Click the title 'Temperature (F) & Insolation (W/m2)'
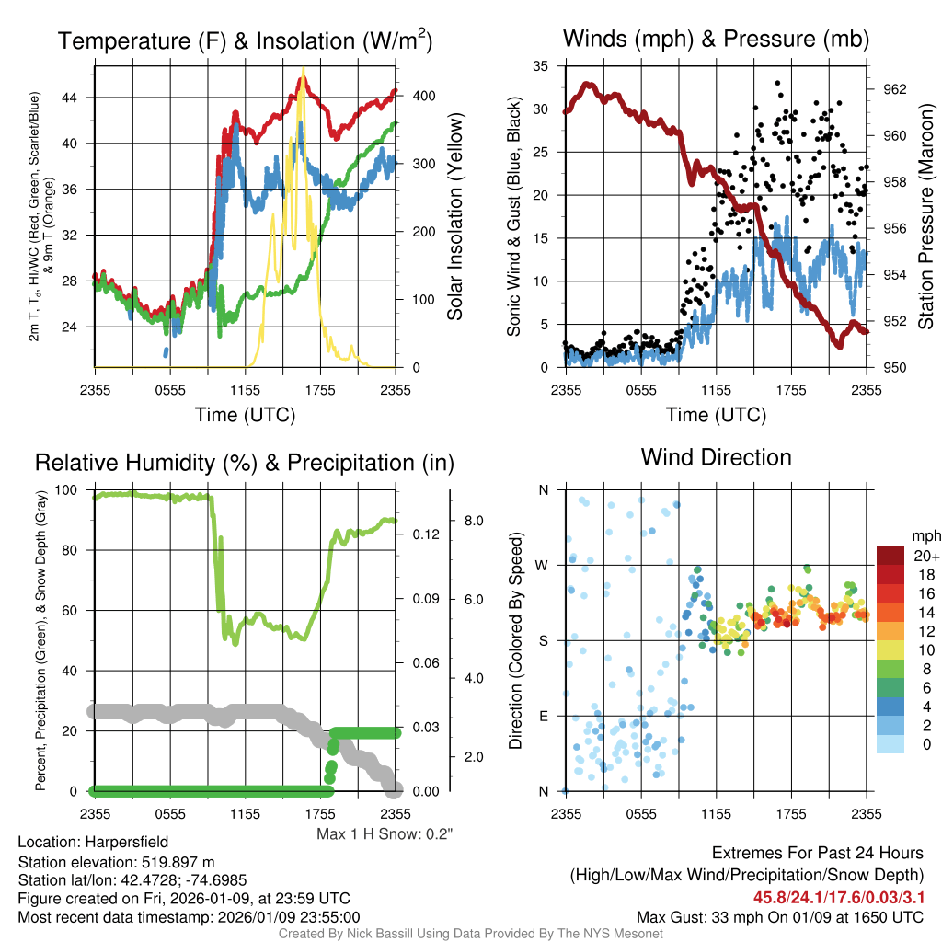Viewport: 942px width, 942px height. pos(245,40)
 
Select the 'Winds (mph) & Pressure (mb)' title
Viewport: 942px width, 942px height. pos(716,39)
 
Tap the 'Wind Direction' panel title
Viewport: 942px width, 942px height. pos(716,457)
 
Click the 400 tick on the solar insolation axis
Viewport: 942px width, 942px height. pos(415,96)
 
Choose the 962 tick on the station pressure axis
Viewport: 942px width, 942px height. pos(896,89)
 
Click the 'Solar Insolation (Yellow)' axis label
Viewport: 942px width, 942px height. pos(454,217)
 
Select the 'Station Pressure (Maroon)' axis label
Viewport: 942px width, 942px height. pos(926,216)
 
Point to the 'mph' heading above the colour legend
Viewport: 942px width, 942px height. pos(925,535)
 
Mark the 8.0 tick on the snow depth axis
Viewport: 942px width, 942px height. pos(474,521)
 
